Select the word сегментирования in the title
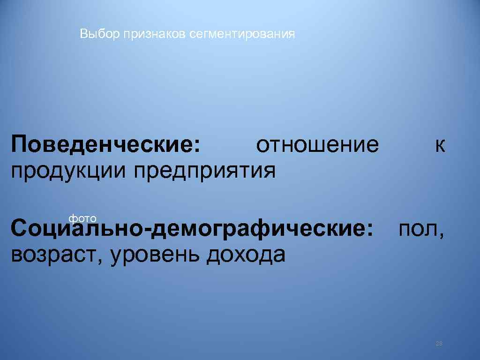pyautogui.click(x=243, y=34)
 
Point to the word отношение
pyautogui.click(x=317, y=145)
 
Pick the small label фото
pyautogui.click(x=82, y=218)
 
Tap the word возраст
pyautogui.click(x=56, y=256)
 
